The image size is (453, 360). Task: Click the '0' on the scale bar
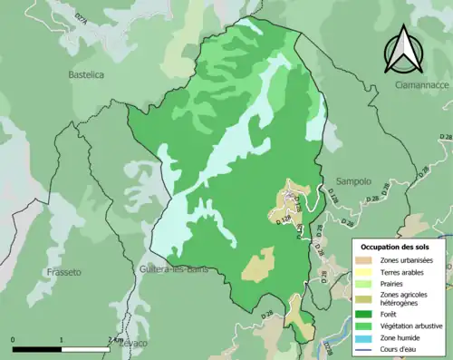[x=13, y=340]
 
